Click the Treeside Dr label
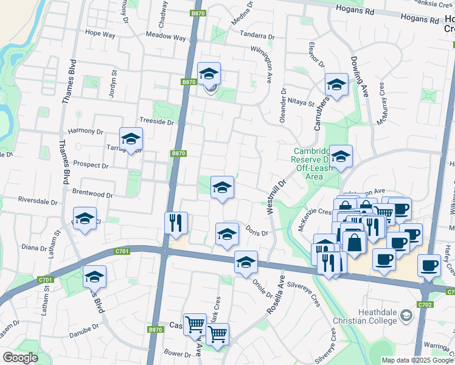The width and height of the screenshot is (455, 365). (157, 122)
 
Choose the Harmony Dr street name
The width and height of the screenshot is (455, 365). (86, 131)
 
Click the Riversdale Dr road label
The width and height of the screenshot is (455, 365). (37, 200)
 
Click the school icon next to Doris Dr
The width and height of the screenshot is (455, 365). (227, 234)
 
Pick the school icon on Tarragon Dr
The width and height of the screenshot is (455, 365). (131, 139)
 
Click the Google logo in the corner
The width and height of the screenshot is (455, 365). (20, 358)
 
